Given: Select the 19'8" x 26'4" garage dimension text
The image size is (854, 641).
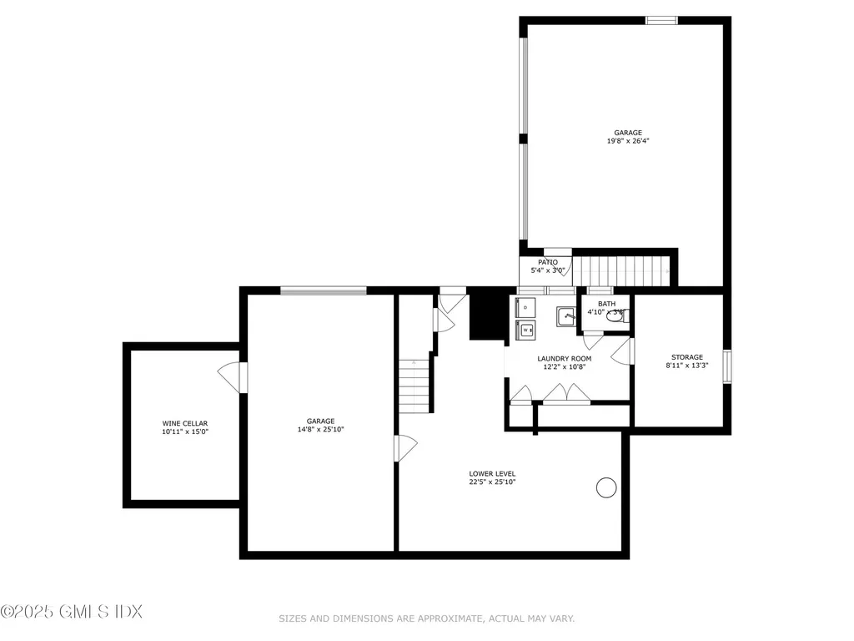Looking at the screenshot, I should (628, 141).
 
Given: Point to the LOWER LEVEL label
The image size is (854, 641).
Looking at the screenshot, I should (492, 473).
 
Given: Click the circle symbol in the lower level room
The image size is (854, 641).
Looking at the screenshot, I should (606, 487).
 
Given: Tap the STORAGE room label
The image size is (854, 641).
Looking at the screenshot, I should (687, 357).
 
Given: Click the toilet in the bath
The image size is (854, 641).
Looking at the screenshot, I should (616, 315).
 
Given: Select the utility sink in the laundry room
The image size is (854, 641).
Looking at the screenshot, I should (566, 316).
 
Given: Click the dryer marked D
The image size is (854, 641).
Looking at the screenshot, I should (526, 308).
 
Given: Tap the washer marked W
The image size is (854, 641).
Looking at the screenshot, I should (526, 331).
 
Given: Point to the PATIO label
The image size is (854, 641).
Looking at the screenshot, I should (547, 262).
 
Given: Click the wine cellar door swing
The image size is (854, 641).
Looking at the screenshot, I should (229, 377).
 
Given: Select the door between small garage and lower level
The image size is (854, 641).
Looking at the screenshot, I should (406, 448).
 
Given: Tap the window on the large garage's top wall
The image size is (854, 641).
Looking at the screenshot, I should (661, 20).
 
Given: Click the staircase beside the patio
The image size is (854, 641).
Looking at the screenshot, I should (621, 271).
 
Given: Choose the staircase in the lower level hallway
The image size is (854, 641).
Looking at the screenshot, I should (414, 385).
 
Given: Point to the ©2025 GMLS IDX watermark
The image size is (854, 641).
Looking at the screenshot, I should (72, 611).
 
